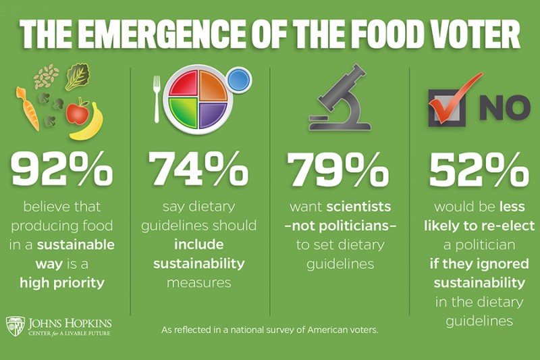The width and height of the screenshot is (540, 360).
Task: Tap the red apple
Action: click(78, 111)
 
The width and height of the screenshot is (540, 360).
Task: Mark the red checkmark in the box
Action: click(451, 98)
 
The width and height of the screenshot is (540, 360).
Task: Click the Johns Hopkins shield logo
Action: click(16, 326)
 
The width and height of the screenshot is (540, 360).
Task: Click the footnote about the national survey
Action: click(270, 330)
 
